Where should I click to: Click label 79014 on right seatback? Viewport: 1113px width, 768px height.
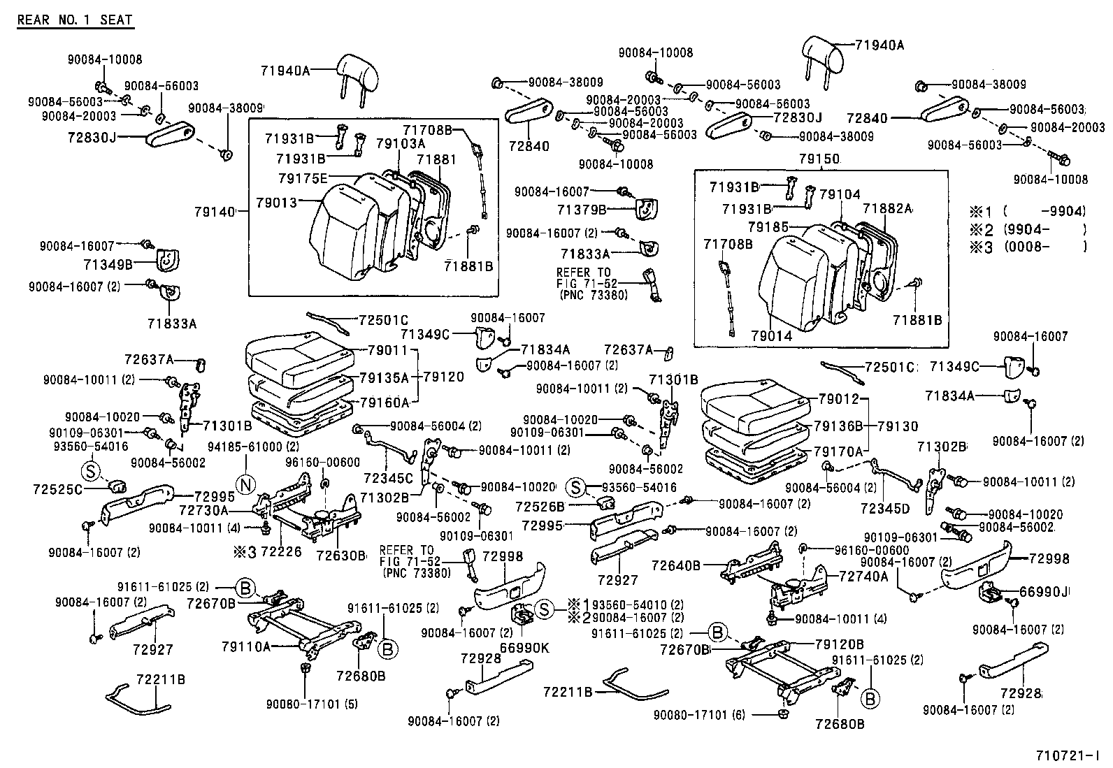[773, 336]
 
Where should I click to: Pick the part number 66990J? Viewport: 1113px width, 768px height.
[1045, 593]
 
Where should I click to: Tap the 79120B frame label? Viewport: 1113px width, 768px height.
[840, 644]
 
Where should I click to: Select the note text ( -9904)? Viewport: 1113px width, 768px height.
[1044, 211]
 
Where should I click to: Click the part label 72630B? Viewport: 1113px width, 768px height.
[341, 556]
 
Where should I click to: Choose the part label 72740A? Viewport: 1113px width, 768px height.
[864, 576]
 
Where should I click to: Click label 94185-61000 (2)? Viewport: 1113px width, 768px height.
[254, 446]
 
